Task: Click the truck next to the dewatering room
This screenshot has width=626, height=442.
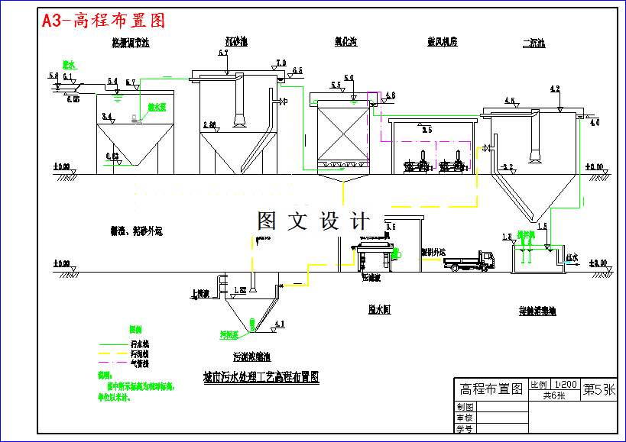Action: click(x=469, y=261)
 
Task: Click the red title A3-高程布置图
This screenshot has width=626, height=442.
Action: click(x=103, y=21)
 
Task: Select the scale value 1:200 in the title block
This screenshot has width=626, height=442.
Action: click(x=565, y=384)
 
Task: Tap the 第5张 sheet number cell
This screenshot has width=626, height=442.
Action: click(x=598, y=389)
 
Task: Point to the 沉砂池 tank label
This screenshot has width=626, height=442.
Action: click(x=236, y=42)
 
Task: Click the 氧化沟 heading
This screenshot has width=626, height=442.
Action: click(x=347, y=42)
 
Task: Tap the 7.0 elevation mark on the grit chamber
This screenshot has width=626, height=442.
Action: click(x=281, y=63)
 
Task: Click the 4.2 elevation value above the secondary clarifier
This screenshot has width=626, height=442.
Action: click(x=555, y=89)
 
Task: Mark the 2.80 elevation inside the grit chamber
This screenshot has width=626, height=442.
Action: click(x=210, y=124)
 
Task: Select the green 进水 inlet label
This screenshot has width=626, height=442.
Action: click(x=69, y=65)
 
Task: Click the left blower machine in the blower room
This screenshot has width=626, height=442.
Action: click(x=417, y=163)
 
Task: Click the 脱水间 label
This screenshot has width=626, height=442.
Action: click(x=379, y=310)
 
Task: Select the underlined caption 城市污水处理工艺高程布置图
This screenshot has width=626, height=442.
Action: click(x=260, y=376)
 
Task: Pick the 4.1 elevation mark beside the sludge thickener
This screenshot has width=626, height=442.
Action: click(x=278, y=324)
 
